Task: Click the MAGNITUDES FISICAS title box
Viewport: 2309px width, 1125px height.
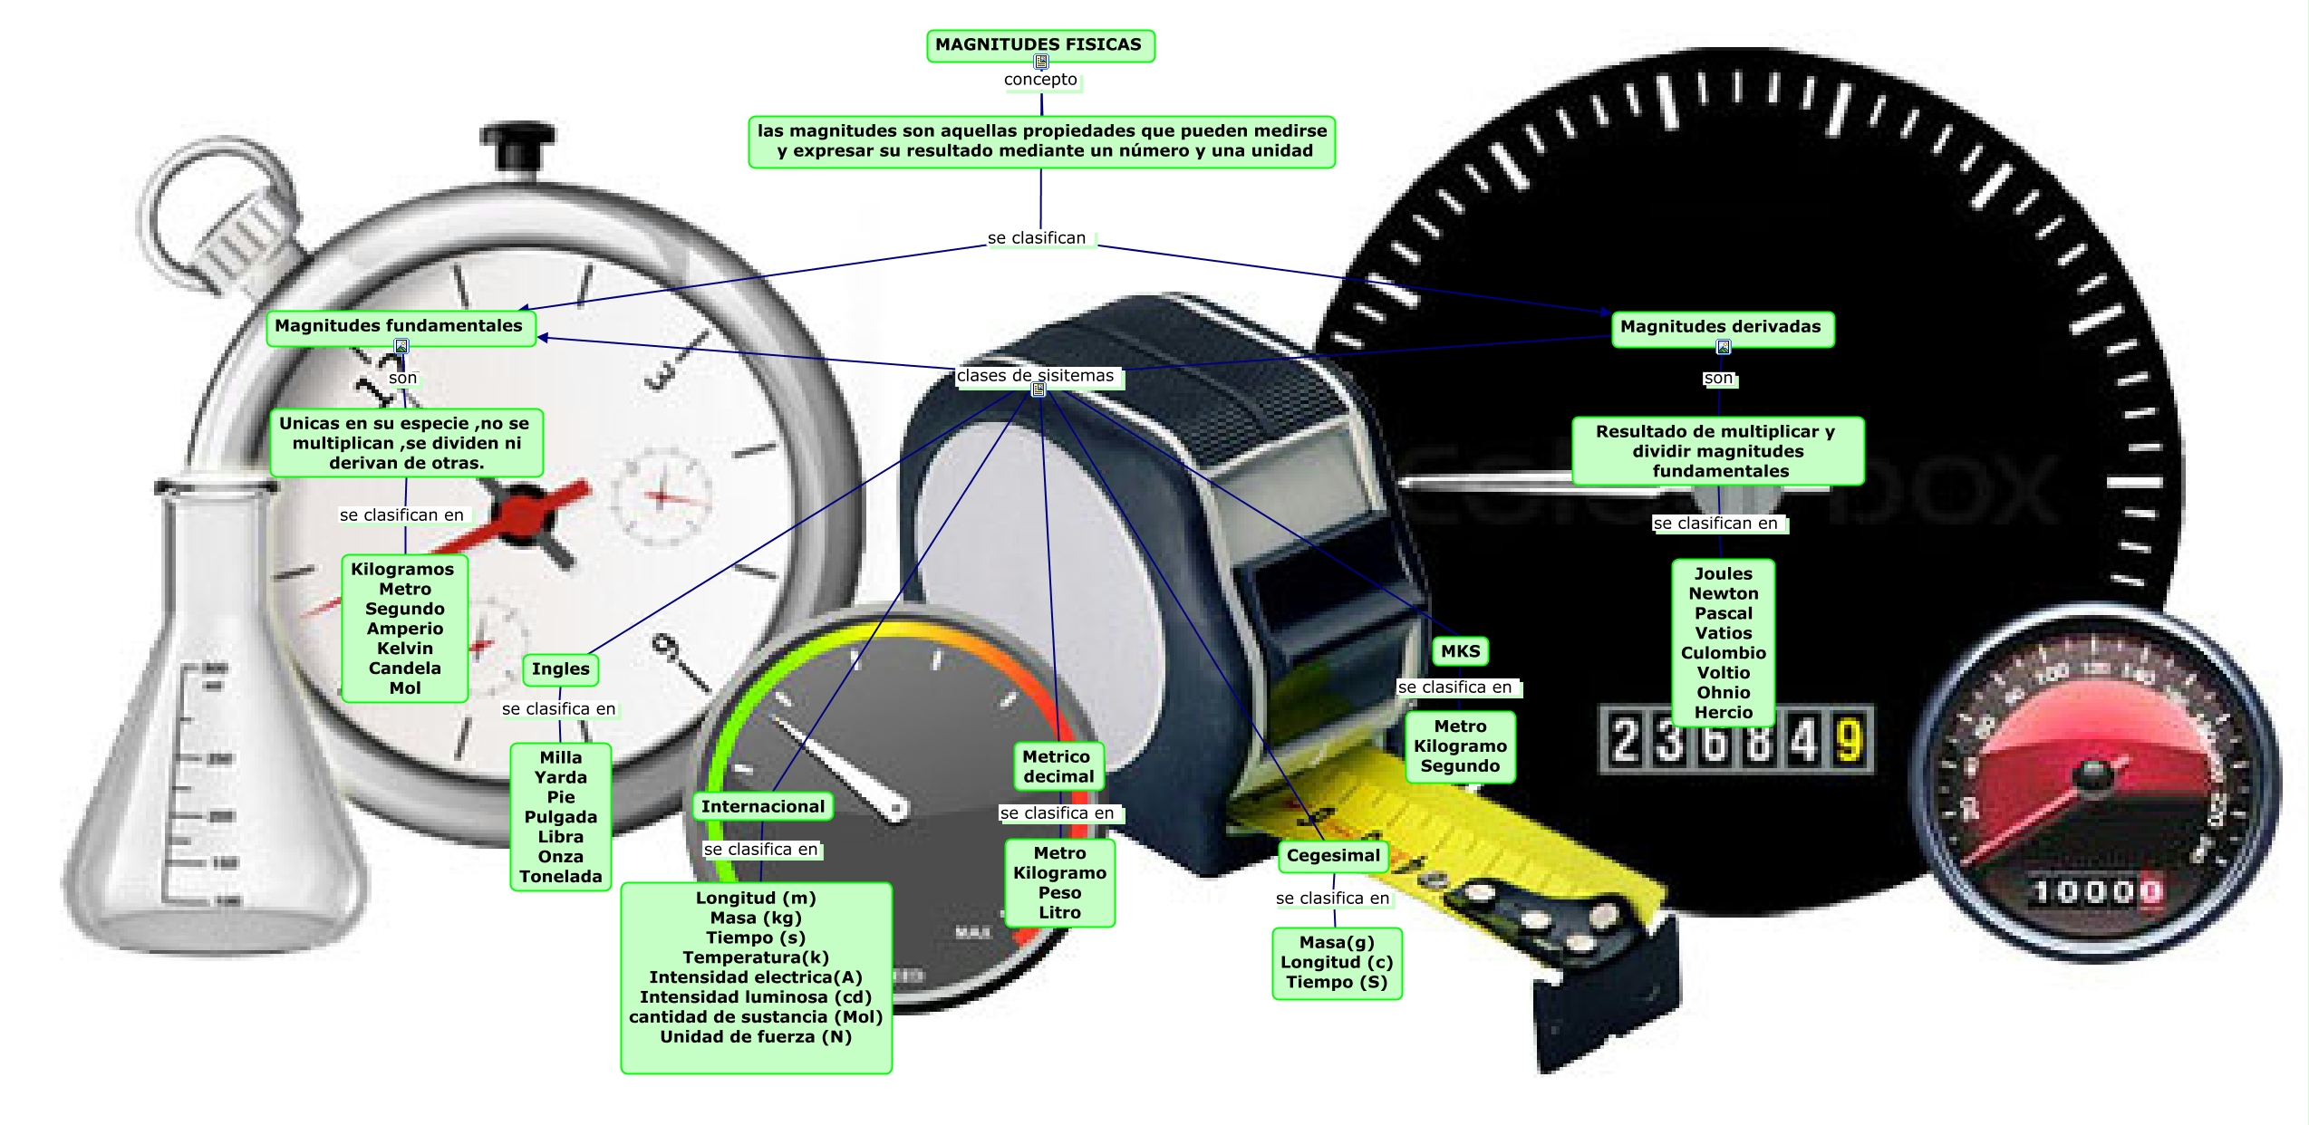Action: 1039,44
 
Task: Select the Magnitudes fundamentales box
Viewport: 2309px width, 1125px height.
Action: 400,326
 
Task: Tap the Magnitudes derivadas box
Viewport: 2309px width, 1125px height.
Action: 1721,327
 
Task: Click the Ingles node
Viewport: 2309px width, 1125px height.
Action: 560,669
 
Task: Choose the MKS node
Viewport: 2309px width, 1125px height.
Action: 1460,651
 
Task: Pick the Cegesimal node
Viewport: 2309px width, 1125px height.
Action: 1333,856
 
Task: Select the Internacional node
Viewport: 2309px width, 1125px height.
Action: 763,807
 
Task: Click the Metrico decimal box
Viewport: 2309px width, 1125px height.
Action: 1058,766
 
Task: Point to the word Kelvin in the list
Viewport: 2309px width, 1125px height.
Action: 405,649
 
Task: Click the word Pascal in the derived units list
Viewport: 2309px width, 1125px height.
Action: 1724,613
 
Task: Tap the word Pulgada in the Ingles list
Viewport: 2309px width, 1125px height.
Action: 561,817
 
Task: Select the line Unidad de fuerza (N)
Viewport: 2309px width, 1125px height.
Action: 756,1037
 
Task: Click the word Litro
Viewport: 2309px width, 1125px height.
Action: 1059,913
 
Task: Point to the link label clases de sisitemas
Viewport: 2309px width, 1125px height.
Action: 1036,376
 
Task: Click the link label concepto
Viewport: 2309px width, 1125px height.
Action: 1040,80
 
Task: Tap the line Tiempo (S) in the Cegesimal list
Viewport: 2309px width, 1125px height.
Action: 1337,983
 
